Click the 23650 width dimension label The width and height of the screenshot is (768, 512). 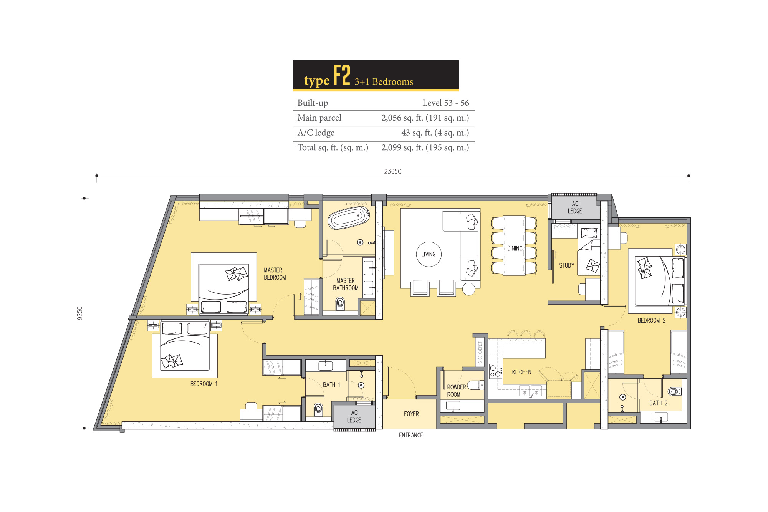pos(392,171)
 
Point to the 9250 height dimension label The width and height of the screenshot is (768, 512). pos(79,313)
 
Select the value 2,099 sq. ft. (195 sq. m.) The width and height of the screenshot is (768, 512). pos(425,147)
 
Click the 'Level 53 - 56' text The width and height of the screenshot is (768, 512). pos(446,103)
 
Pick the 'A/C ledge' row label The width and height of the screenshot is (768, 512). pos(316,133)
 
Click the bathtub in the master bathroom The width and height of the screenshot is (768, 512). pos(349,218)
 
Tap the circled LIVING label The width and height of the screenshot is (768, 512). pos(429,254)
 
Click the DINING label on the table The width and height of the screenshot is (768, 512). pos(515,249)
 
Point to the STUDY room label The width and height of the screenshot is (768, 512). pos(567,265)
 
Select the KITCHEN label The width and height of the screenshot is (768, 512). pos(521,372)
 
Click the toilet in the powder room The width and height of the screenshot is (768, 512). pos(476,385)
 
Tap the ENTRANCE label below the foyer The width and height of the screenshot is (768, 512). pos(411,435)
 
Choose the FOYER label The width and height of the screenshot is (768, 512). pos(411,414)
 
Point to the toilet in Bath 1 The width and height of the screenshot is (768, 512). pos(318,409)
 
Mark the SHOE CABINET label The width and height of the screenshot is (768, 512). pos(480,353)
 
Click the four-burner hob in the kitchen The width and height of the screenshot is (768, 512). pos(495,371)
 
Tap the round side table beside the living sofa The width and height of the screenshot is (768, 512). pos(468,289)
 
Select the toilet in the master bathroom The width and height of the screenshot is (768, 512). pos(340,304)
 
